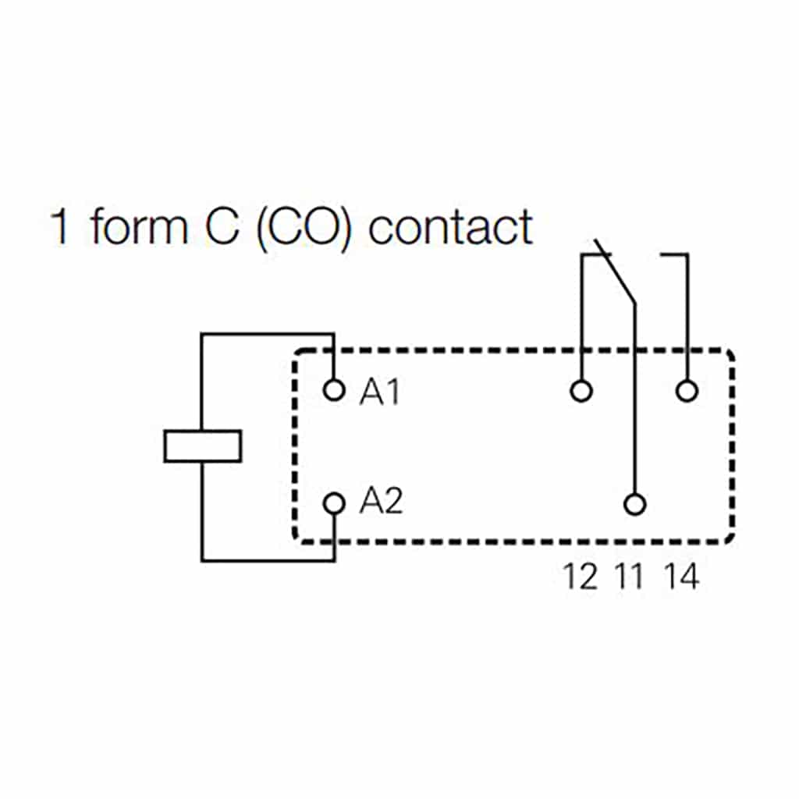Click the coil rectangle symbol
tap(203, 446)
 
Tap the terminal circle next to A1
tap(334, 389)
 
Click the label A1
tap(379, 392)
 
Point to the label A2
tap(381, 502)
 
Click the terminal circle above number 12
tap(581, 389)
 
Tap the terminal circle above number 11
tap(636, 505)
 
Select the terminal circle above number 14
tap(687, 389)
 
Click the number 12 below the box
tap(581, 577)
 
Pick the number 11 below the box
tap(630, 577)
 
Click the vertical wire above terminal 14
tap(687, 320)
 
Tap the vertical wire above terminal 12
tap(581, 320)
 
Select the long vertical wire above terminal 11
tap(636, 398)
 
